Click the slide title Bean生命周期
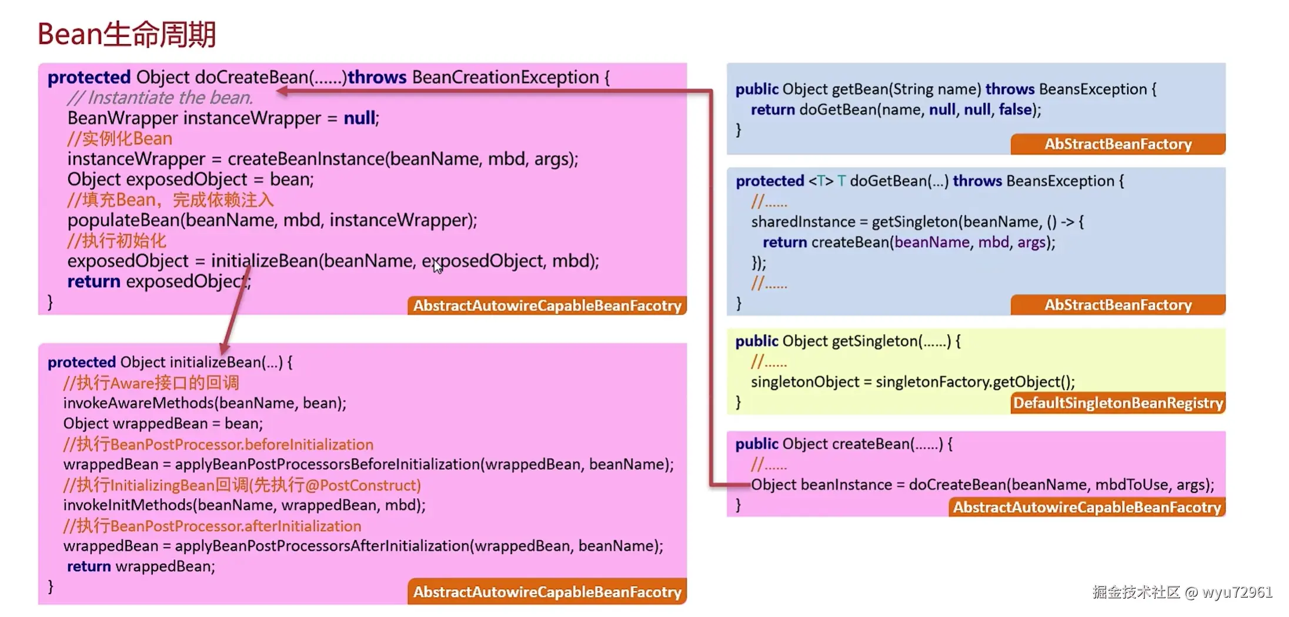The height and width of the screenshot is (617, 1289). coord(127,34)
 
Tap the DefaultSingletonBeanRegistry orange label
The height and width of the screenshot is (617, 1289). coord(1118,403)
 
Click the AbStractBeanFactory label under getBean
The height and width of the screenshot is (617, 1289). coord(1118,144)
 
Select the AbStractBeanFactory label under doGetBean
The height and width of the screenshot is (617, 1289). coord(1118,305)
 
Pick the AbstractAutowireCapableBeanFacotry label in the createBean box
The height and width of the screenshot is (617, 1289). coord(1087,507)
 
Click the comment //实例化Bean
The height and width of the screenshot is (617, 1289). coord(120,139)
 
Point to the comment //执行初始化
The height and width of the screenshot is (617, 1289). coord(117,241)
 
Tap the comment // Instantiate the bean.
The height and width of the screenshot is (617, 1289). coord(160,98)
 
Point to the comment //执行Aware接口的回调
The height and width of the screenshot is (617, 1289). coord(151,383)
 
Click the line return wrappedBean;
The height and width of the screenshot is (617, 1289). coord(141,566)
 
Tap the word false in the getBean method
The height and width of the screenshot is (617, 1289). coord(1015,109)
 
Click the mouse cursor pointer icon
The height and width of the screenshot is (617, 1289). coord(438,267)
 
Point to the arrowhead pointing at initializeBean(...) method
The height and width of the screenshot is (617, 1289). coord(225,348)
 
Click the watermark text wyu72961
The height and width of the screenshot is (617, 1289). coord(1237,592)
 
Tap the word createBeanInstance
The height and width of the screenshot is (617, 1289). coord(306,159)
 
